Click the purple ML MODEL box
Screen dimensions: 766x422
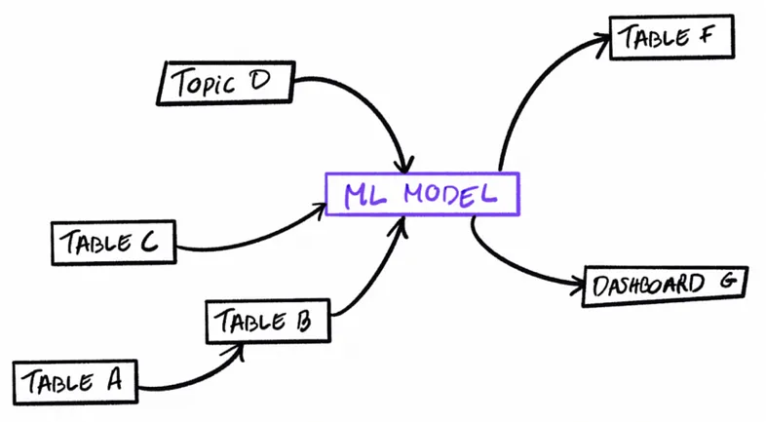423,194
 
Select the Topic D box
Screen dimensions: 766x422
226,83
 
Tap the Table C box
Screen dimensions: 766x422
113,243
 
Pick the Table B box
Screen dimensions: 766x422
268,321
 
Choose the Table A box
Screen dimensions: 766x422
75,382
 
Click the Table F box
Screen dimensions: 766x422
671,37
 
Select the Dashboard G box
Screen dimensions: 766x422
665,287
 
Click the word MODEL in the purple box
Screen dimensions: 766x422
450,194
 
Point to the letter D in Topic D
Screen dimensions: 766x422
259,81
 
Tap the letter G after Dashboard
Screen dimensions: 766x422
726,281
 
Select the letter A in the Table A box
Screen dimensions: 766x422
114,380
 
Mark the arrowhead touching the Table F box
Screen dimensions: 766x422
602,43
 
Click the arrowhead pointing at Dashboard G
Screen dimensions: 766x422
578,286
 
